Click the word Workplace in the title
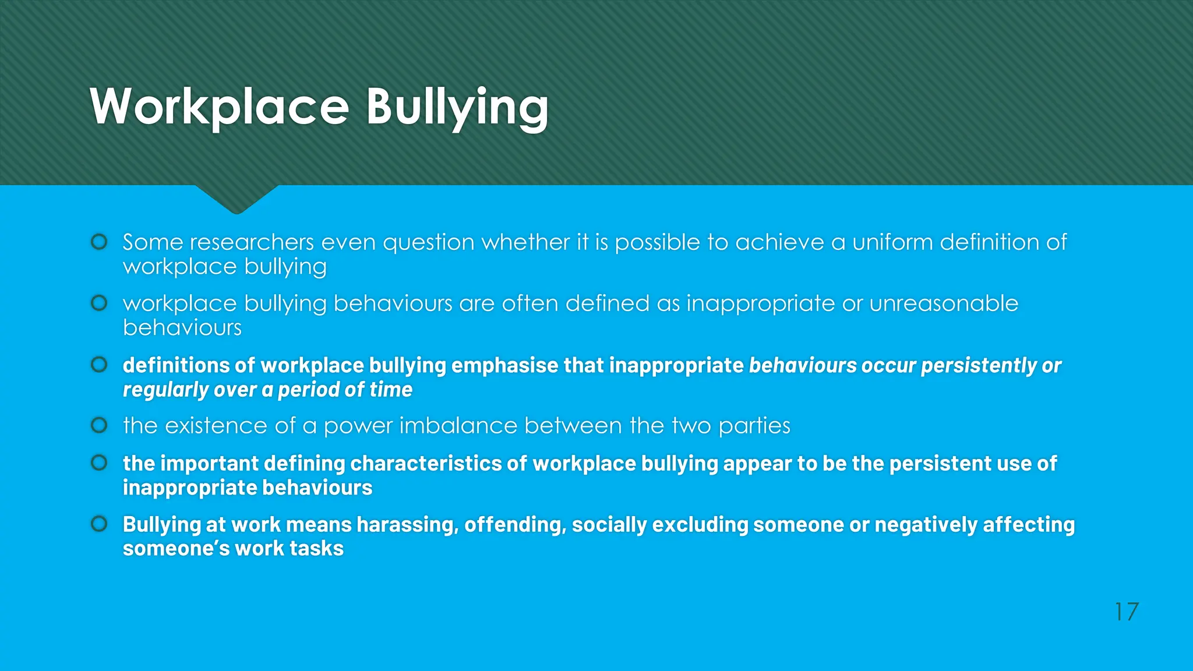pos(219,107)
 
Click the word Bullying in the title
pos(457,107)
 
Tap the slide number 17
pos(1126,612)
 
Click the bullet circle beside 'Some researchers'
pos(100,242)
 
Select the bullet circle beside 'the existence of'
pos(100,425)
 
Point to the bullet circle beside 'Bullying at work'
pos(100,524)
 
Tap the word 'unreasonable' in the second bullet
pos(944,303)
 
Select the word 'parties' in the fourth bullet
pos(754,426)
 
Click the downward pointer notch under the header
pos(237,201)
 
